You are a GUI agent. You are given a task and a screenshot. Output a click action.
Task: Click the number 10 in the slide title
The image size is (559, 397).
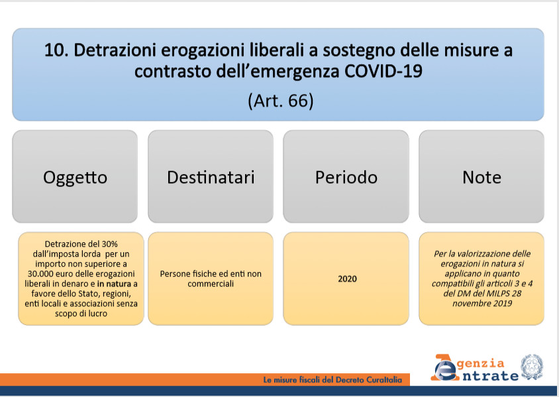[x=56, y=50]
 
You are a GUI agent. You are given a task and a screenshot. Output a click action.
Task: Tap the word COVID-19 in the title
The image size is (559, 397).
[x=383, y=71]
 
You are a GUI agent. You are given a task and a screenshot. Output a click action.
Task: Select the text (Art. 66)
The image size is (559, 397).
[x=281, y=101]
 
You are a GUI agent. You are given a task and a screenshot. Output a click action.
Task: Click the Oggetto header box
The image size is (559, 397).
[x=75, y=177]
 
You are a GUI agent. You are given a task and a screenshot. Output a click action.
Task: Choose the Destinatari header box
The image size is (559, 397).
[x=211, y=177]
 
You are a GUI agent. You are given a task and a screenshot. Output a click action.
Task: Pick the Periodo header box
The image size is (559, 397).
[x=346, y=177]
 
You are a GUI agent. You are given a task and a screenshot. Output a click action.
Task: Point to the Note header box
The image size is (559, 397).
[x=482, y=177]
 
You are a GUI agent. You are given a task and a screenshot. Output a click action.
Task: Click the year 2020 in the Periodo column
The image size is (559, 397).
[x=347, y=279]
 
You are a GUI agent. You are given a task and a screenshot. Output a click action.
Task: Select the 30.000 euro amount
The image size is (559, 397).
[x=51, y=274]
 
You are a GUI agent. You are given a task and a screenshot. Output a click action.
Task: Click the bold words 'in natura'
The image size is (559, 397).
[x=114, y=284]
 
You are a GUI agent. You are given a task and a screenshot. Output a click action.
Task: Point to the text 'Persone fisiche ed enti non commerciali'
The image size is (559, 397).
[x=211, y=279]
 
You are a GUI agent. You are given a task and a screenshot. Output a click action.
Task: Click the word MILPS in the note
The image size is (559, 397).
[x=499, y=294]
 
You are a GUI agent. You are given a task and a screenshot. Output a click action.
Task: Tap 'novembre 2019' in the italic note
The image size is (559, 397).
[x=482, y=304]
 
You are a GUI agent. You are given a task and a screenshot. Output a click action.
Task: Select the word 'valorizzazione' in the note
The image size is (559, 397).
[x=483, y=254]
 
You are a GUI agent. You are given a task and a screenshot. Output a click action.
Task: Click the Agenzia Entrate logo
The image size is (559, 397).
[x=474, y=368]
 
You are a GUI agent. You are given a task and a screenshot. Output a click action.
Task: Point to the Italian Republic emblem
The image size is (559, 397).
[x=532, y=367]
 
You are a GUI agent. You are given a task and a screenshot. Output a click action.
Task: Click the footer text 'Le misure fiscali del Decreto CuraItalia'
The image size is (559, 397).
[x=332, y=380]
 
